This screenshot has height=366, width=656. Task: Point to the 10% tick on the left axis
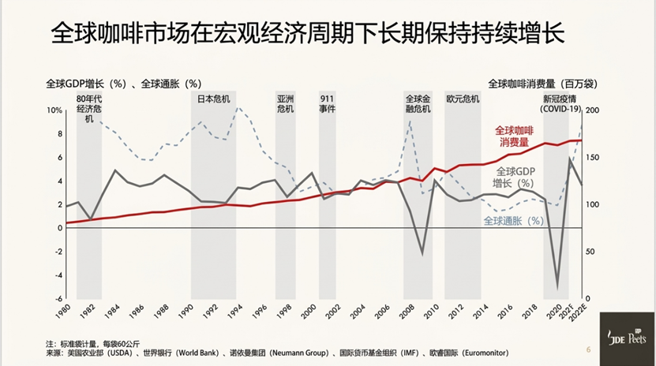(53, 110)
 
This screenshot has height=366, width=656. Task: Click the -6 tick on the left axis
(57, 299)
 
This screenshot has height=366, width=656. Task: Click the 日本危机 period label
(213, 99)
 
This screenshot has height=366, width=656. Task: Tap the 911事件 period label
(328, 104)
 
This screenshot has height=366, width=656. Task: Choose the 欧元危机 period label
(463, 99)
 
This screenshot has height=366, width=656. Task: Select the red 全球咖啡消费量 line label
(514, 136)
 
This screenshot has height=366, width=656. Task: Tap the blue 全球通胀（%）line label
(513, 222)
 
